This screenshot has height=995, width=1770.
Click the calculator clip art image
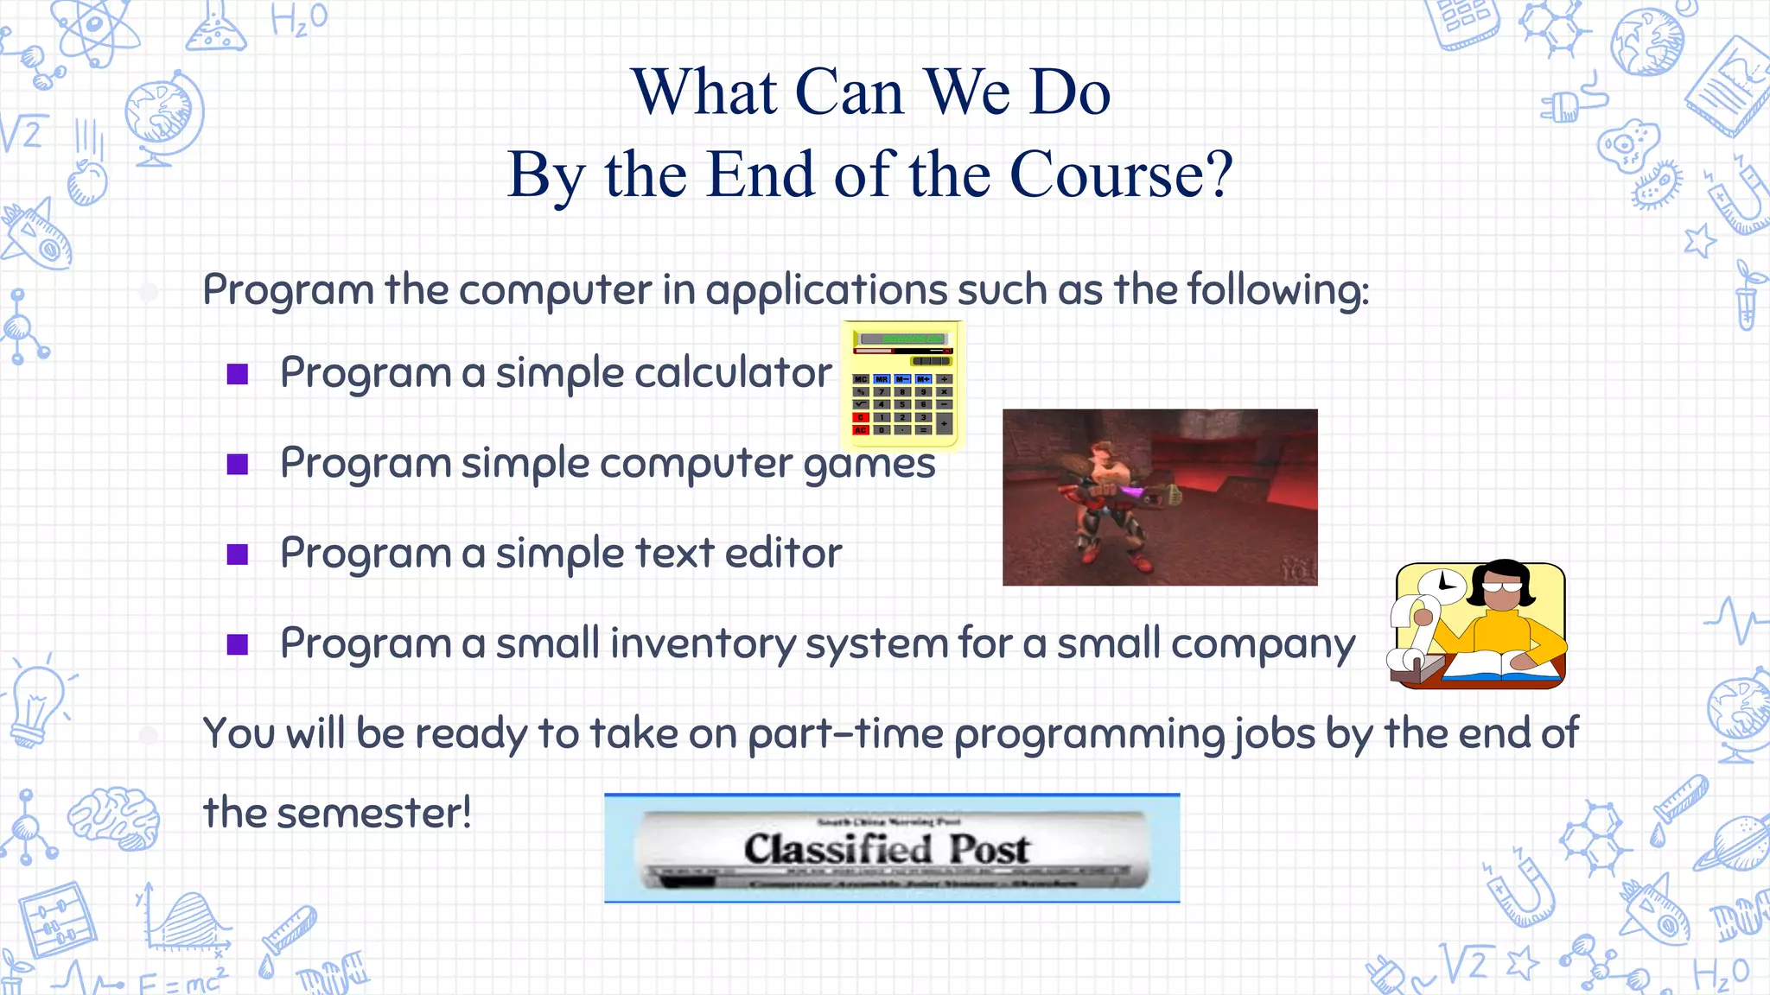[x=902, y=385]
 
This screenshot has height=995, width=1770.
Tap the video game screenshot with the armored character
[x=1159, y=497]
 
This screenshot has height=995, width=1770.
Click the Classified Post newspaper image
[x=891, y=848]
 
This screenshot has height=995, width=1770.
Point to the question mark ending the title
[x=1219, y=174]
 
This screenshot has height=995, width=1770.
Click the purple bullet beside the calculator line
[x=238, y=374]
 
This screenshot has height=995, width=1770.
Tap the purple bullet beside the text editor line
[x=238, y=554]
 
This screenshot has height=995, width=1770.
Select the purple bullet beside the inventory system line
[x=238, y=644]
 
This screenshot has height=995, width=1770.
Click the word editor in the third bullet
[x=782, y=553]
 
